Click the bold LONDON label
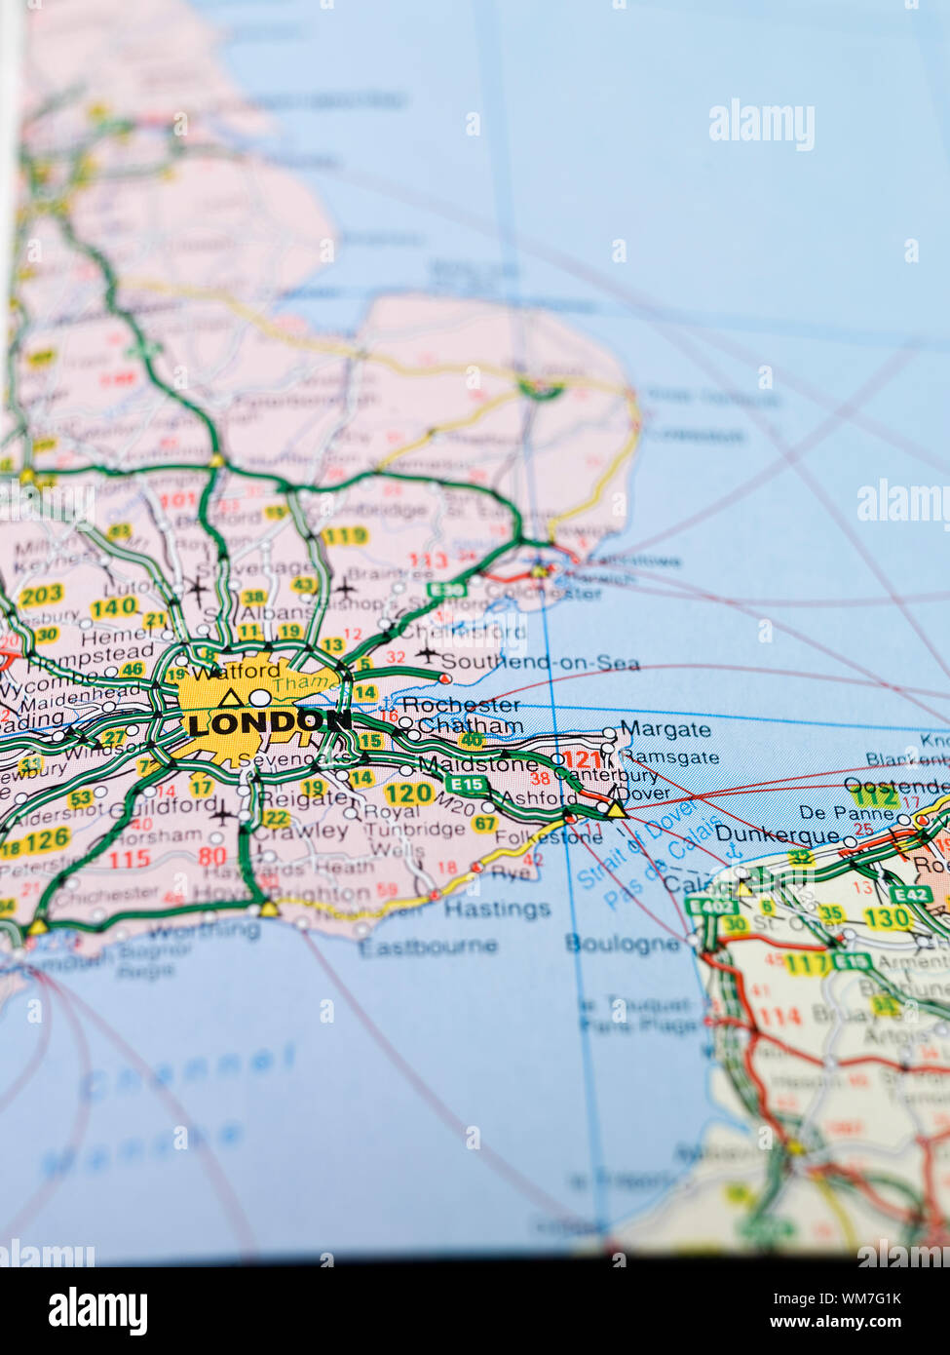269,722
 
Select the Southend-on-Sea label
541,663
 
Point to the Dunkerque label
777,834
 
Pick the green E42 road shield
911,894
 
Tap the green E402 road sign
708,906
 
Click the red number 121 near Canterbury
583,760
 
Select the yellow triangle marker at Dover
615,809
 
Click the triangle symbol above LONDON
230,697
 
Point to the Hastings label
497,909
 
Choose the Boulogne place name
623,943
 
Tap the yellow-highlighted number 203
41,594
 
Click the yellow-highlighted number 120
408,794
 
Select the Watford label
236,671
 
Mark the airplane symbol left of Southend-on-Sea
427,654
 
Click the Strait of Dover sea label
638,843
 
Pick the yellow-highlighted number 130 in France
886,917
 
